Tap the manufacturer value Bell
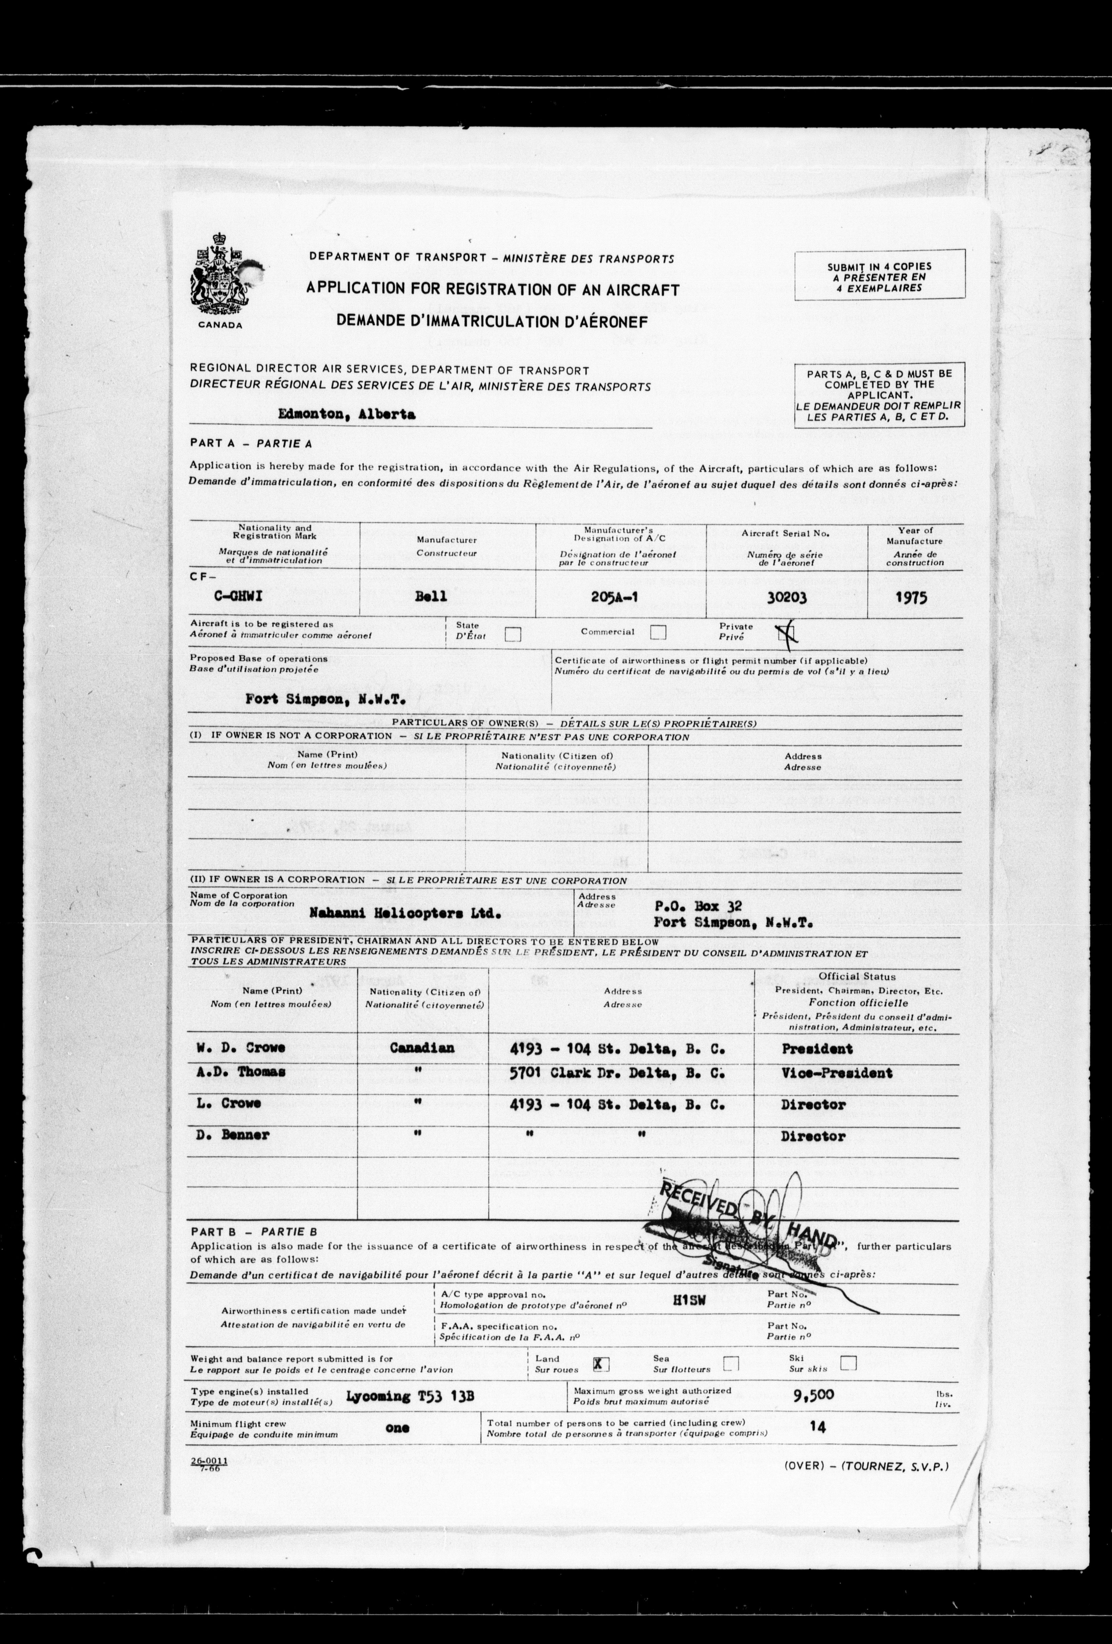tap(431, 596)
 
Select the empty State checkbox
tap(513, 634)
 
